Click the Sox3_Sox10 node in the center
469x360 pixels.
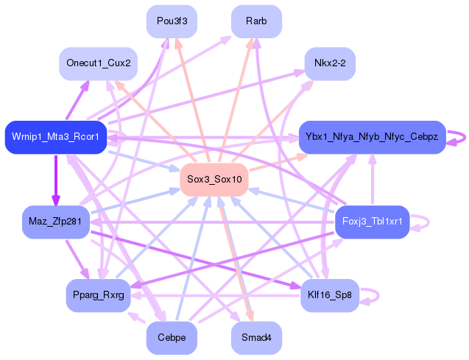(x=214, y=180)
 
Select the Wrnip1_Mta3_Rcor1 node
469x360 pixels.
(x=56, y=137)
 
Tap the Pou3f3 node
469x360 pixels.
(x=172, y=21)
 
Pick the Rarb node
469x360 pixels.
(x=256, y=21)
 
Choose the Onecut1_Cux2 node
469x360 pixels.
(x=99, y=63)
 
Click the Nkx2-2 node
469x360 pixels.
(x=330, y=63)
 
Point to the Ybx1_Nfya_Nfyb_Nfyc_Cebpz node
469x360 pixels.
(x=372, y=137)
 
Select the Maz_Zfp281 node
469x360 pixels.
(x=56, y=222)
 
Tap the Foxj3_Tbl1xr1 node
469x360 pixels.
(x=372, y=222)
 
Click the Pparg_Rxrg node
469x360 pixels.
(x=99, y=295)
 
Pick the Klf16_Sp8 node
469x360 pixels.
(x=330, y=295)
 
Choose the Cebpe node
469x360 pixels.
(x=172, y=338)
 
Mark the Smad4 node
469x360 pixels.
(x=256, y=338)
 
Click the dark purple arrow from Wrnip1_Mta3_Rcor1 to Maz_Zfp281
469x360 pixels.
(x=56, y=180)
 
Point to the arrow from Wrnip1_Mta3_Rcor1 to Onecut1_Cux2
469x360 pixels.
(x=77, y=100)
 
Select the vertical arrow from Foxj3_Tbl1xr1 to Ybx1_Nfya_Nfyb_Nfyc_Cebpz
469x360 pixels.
(x=373, y=180)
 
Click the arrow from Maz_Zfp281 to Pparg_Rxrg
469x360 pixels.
(x=77, y=259)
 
